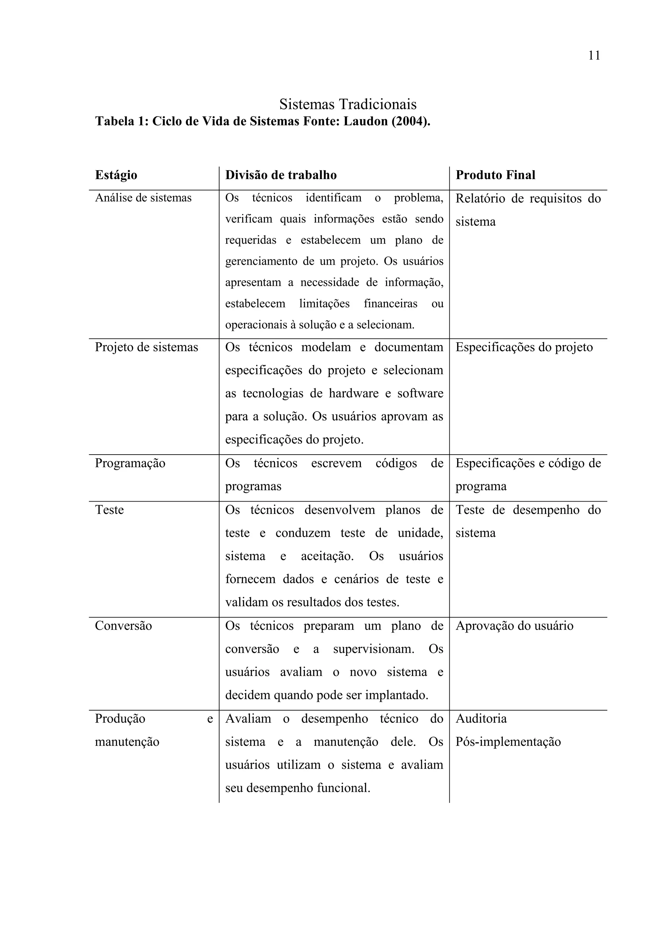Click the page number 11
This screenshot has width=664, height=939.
point(594,56)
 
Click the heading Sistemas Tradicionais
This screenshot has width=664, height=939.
point(348,104)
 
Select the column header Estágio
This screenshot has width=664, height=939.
point(116,175)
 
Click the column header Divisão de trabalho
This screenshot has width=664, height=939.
point(281,175)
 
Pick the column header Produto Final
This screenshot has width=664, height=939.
point(495,175)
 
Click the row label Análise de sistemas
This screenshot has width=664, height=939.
point(143,198)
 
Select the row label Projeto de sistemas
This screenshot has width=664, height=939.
point(147,347)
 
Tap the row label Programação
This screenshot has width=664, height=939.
point(130,463)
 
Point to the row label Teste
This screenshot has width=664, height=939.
point(109,510)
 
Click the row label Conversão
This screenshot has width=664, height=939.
point(123,626)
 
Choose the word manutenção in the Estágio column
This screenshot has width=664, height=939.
point(127,742)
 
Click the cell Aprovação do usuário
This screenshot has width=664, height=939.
point(514,626)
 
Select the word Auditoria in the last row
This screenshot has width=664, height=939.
point(481,719)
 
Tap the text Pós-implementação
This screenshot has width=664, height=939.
point(508,742)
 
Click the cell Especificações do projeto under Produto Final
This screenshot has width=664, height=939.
point(524,347)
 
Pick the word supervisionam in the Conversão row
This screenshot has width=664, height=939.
point(373,649)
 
